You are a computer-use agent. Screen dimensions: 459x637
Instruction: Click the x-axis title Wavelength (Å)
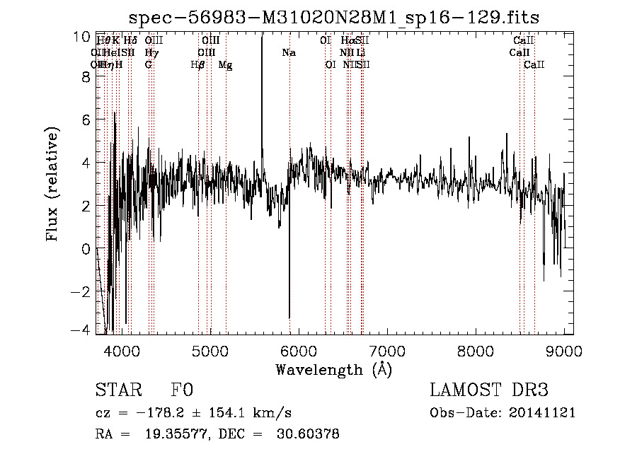coord(333,369)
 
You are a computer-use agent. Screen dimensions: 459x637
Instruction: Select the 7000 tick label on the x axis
coord(386,350)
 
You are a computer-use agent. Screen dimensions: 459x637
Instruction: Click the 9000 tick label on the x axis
coord(564,350)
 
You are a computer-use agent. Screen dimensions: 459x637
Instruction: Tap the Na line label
coord(289,53)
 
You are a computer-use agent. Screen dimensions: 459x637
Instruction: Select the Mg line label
coord(225,65)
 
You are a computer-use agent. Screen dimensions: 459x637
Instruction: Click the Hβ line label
coord(198,65)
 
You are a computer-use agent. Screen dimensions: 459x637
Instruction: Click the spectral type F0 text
coord(182,391)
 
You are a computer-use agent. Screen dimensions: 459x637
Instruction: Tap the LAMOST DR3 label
coord(489,391)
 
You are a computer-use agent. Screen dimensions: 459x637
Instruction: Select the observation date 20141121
coord(541,413)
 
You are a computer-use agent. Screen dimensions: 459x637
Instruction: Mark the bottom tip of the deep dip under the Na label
coord(289,318)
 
